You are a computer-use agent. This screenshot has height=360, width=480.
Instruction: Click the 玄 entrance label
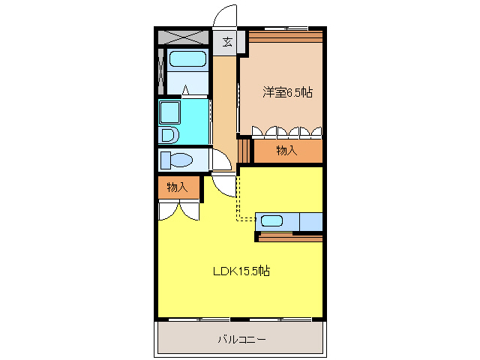226,42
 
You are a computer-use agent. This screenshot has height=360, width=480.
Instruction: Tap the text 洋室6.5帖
287,92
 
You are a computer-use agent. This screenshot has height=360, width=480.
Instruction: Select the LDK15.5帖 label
239,271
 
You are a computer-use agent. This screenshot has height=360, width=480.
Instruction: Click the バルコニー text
241,339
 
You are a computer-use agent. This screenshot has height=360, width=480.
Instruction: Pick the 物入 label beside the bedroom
286,151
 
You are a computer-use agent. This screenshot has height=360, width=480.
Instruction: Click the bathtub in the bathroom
187,60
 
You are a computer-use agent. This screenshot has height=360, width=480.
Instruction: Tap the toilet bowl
177,160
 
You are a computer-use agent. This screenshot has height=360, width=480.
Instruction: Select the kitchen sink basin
271,221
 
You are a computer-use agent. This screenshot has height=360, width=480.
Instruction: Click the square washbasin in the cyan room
169,112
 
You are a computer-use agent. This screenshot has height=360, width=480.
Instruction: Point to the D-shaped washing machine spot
169,135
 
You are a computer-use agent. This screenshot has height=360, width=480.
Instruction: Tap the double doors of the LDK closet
178,211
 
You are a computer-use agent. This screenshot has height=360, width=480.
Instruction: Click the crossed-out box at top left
184,37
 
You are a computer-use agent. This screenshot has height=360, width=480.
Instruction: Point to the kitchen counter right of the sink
310,221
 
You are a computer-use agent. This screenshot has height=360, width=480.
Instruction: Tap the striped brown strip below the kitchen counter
289,238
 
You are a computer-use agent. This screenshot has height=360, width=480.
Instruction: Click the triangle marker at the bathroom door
185,91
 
